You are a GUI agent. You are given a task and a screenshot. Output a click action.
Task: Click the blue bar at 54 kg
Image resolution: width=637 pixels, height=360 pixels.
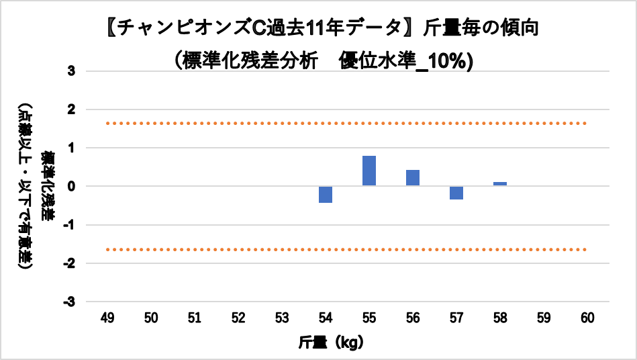pos(326,194)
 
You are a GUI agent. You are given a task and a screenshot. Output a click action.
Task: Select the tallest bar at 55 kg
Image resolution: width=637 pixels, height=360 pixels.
pos(369,171)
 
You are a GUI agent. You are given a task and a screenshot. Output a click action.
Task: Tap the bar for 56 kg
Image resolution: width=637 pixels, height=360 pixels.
pos(413,178)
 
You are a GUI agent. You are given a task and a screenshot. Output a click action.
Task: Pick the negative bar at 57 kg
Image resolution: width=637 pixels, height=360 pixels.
pos(456,193)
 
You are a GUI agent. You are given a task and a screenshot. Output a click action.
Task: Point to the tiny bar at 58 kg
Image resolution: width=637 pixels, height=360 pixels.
pos(500,184)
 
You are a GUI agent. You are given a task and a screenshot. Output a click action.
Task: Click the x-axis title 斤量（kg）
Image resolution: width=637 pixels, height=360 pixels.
pos(331,342)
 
